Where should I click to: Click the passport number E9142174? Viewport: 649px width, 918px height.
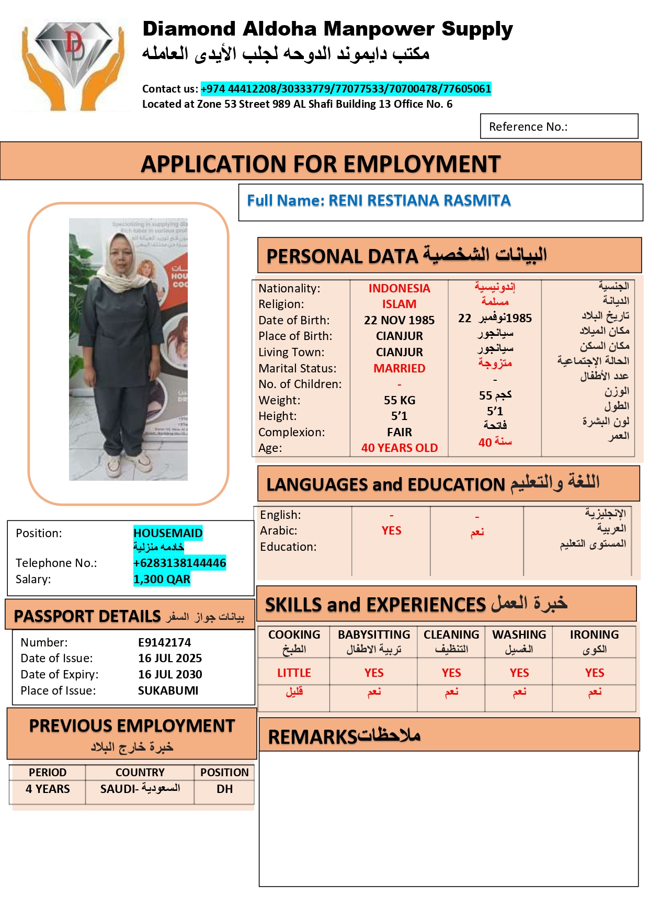click(x=164, y=642)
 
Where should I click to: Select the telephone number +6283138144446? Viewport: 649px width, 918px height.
click(x=179, y=563)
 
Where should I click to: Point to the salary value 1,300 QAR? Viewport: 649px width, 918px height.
click(x=162, y=579)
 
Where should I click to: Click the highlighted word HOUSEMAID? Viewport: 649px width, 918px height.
click(x=168, y=533)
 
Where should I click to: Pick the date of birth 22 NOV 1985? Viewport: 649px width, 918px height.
click(x=399, y=320)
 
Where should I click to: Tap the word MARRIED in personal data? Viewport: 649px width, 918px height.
click(x=399, y=368)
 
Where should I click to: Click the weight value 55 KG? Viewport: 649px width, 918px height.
click(x=399, y=400)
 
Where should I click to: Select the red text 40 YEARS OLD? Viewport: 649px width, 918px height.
click(x=399, y=448)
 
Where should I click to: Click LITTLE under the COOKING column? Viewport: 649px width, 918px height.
click(x=294, y=673)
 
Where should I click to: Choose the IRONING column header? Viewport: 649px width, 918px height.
click(x=594, y=634)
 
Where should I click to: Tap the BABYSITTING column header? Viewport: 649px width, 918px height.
click(x=374, y=634)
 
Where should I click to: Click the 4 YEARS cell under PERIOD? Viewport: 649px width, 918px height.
click(x=48, y=789)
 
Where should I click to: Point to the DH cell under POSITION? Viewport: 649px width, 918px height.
click(x=224, y=789)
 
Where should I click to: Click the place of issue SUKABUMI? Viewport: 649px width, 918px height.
click(x=168, y=690)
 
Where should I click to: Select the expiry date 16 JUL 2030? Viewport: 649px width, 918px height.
click(x=170, y=674)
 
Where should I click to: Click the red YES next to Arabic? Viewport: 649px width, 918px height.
click(x=391, y=530)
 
